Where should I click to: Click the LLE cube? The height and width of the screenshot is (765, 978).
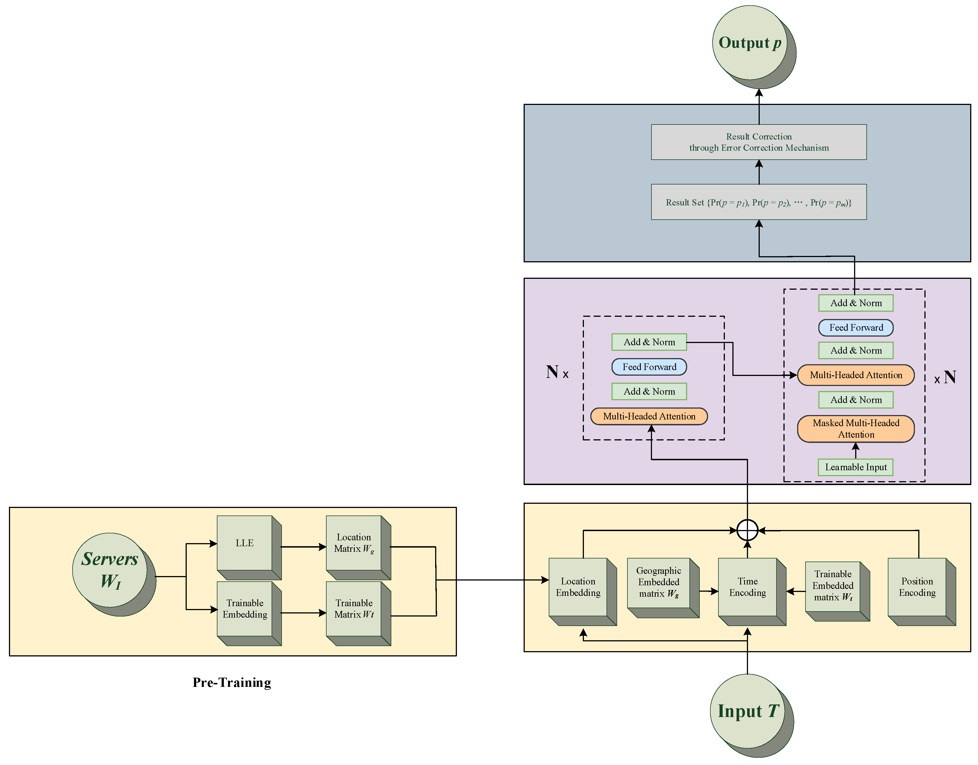coord(249,547)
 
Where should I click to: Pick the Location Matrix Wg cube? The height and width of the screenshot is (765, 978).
coord(358,547)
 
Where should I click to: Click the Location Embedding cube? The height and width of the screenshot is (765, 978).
coord(583,592)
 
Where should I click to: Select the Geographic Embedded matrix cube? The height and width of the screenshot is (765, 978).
coord(663,587)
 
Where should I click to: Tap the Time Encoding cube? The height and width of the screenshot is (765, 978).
coord(752,592)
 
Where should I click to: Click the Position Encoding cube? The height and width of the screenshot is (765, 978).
coord(922,592)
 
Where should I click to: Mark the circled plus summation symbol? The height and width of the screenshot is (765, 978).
coord(747,530)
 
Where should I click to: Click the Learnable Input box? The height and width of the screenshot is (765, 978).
coord(856,467)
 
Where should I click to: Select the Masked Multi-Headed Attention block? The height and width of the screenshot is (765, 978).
coord(856,429)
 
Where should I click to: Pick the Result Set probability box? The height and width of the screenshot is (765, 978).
coord(759,202)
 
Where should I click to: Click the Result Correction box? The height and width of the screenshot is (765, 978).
coord(759,142)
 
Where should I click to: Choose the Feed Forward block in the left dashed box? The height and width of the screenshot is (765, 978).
coord(649,367)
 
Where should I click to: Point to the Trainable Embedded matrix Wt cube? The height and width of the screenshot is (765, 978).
coord(837,591)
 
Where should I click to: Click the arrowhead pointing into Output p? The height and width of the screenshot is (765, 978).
coord(759,93)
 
